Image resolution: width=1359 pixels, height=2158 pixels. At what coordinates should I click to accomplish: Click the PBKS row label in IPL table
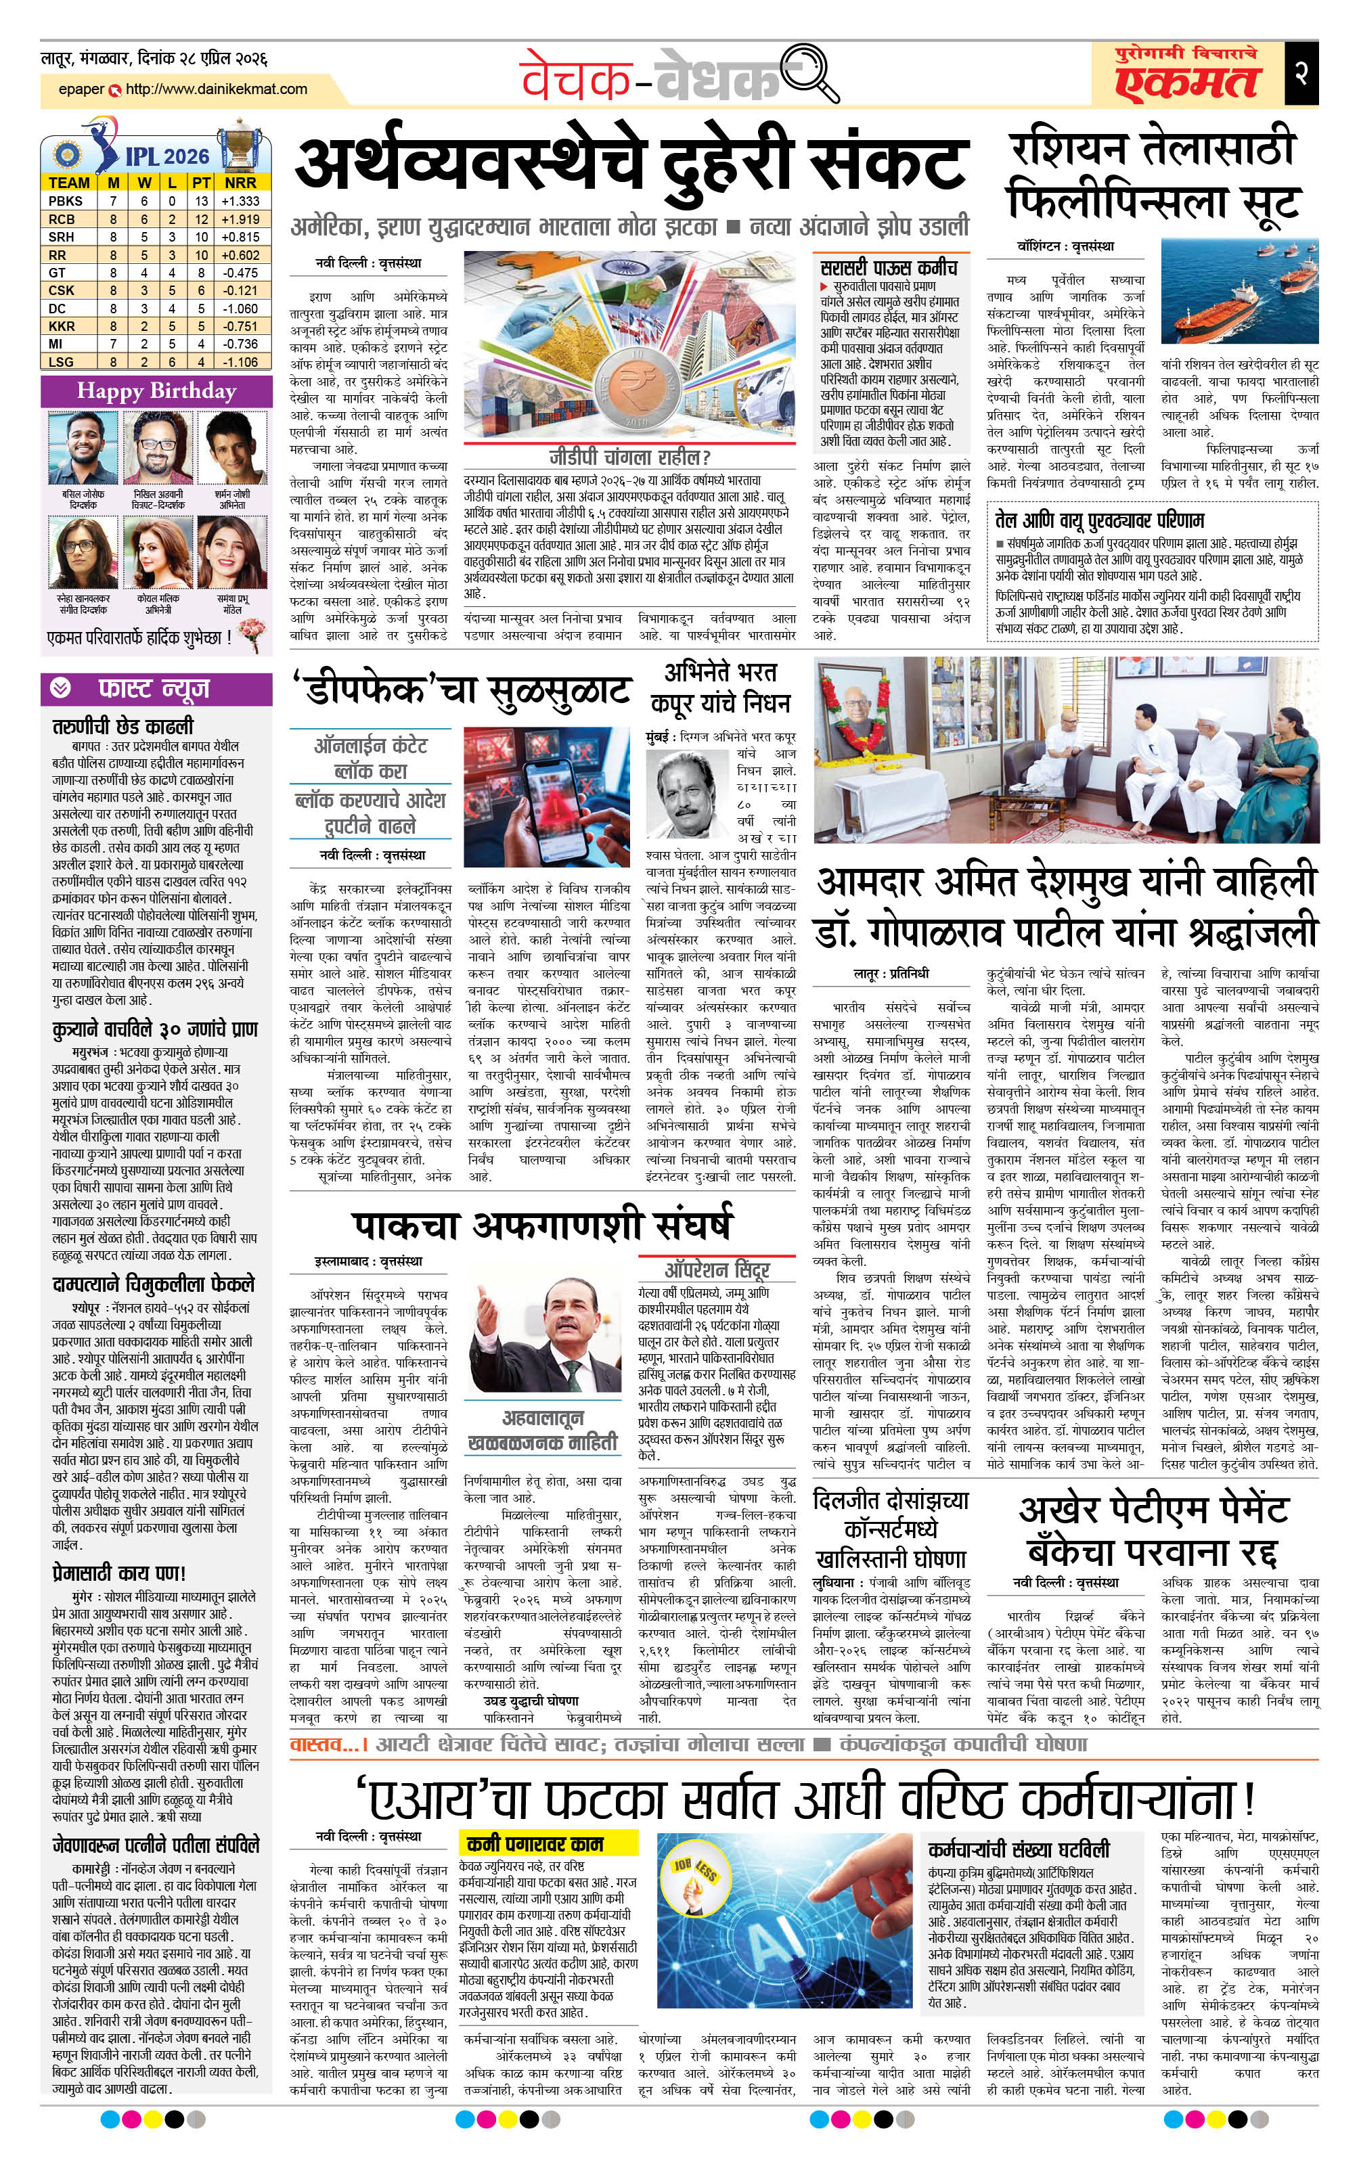(x=66, y=201)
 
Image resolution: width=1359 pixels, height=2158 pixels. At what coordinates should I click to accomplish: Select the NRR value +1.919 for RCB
(x=241, y=219)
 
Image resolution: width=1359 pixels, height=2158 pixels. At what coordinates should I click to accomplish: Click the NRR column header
(x=241, y=183)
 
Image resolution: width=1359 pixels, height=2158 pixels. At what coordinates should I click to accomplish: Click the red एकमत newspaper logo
(x=1187, y=82)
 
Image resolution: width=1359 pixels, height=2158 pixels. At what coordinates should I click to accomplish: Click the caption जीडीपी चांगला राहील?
(x=630, y=457)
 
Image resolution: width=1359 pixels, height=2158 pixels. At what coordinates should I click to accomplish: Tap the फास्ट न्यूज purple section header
(x=154, y=688)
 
